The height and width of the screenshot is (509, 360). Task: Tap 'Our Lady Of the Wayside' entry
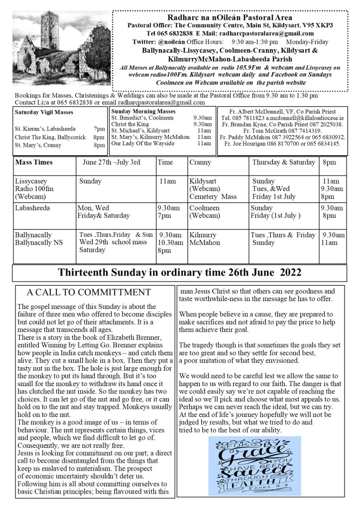[x=143, y=144]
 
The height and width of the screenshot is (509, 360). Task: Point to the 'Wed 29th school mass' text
[x=113, y=242]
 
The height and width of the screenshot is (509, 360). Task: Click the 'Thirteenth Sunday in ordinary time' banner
[x=180, y=273]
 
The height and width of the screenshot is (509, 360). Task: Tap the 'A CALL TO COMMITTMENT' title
[x=89, y=292]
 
